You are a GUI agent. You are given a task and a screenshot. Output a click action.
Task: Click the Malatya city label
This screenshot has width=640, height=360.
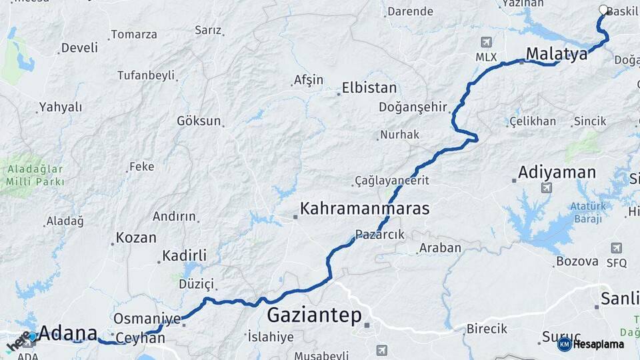tap(557, 53)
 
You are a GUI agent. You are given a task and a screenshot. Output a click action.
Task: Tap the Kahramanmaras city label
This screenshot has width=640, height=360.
tap(365, 209)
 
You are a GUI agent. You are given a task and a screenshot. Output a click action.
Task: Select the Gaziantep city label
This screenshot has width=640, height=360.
tap(314, 315)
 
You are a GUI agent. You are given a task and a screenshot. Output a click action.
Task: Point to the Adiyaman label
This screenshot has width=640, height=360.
tap(557, 173)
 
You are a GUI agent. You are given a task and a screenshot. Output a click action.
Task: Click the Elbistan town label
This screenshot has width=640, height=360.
tap(369, 88)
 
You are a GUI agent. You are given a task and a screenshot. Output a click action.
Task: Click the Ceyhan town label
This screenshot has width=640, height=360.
tap(140, 338)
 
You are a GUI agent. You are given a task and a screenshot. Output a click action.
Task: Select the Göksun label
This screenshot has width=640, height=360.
tap(198, 121)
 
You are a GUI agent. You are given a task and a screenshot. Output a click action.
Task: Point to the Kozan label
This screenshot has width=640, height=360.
tap(136, 238)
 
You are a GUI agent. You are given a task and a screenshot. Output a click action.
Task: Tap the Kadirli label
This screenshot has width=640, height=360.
tap(185, 256)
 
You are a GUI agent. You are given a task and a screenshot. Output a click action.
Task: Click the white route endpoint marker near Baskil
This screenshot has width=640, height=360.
tap(603, 10)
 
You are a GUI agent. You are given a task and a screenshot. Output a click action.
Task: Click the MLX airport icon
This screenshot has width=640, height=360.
tap(487, 42)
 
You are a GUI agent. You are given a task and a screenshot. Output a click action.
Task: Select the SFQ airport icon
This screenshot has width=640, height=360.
tap(617, 248)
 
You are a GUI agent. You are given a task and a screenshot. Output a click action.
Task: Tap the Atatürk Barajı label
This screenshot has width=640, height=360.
tap(587, 212)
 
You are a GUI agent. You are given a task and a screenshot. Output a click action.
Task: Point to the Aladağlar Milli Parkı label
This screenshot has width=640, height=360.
tap(35, 175)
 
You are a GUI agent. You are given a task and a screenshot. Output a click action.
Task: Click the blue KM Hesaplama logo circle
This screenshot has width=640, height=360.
tap(564, 344)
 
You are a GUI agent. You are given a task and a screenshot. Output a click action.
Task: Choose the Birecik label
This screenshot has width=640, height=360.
tap(487, 329)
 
